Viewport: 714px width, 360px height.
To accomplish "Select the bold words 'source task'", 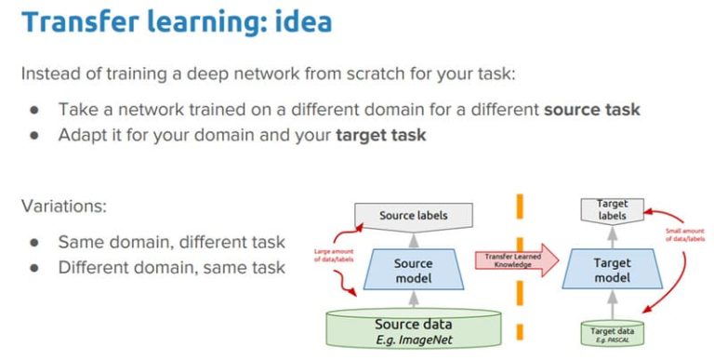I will (x=592, y=109).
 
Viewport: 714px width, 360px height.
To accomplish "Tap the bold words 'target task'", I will (x=380, y=135).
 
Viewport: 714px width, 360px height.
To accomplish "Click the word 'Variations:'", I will (x=62, y=207).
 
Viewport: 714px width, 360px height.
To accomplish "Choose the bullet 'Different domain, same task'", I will (x=171, y=268).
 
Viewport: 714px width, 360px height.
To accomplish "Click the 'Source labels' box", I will (x=413, y=216).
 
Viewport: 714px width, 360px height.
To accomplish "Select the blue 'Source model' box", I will (x=413, y=271).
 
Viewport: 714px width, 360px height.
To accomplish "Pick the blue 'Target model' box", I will (x=611, y=271).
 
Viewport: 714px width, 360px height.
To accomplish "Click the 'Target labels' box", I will (x=611, y=209).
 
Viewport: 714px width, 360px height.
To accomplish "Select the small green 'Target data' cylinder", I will (x=611, y=332).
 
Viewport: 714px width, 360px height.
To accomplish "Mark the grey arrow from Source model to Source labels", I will (x=413, y=240).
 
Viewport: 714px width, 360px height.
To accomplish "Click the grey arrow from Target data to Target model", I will (x=611, y=304).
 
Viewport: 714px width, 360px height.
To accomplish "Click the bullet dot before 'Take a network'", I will (x=34, y=110).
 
